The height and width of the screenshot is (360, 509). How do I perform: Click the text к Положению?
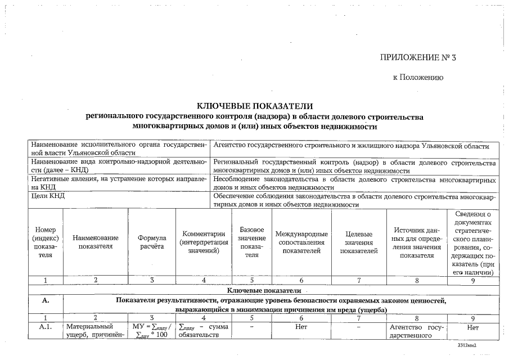(417, 78)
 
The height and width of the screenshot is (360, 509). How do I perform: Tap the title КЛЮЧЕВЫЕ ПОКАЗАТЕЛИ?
(254, 106)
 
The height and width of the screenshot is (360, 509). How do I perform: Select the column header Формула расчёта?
(152, 242)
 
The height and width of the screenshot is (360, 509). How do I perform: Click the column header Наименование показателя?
(96, 242)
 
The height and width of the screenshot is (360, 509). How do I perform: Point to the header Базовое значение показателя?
(251, 242)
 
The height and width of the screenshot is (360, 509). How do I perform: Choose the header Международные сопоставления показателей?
(301, 242)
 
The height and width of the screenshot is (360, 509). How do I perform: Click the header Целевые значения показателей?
(358, 242)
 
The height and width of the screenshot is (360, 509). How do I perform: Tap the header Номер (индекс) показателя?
(45, 242)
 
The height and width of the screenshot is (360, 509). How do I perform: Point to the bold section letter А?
(45, 300)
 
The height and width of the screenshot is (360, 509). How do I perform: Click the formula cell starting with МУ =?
(151, 331)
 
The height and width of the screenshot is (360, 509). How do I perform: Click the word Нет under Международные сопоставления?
(301, 326)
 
